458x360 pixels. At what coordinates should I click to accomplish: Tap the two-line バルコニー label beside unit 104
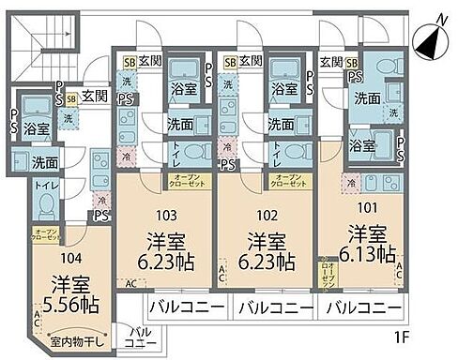click(x=138, y=337)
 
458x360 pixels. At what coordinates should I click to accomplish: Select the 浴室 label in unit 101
click(x=362, y=145)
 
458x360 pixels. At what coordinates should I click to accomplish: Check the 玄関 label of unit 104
click(x=93, y=95)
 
